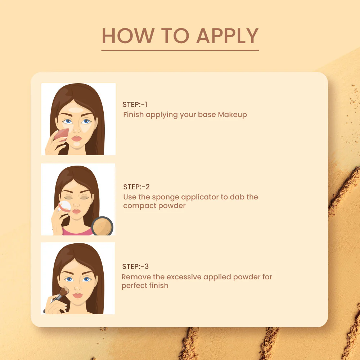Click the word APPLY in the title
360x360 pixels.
click(228, 36)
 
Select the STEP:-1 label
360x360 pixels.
click(135, 105)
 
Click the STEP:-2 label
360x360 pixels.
click(136, 187)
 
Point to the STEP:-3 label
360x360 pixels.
click(135, 267)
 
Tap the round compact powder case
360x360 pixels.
click(102, 226)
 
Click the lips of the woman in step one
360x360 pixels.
click(77, 138)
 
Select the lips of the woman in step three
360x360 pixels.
click(77, 296)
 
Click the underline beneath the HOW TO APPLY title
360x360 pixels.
click(180, 50)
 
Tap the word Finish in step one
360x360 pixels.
click(133, 115)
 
